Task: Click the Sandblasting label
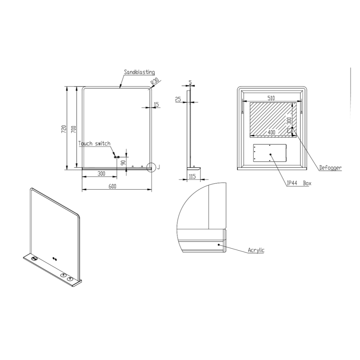[139, 72]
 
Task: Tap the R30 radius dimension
[155, 82]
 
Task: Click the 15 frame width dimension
[156, 105]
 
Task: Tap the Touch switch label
[94, 144]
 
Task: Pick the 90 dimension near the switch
[123, 163]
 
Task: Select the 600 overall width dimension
[112, 186]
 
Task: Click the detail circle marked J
[152, 167]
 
